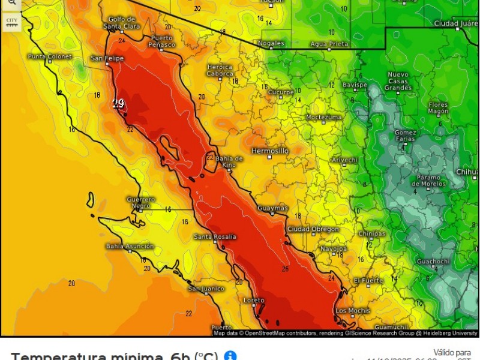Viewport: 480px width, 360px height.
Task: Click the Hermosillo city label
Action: pyautogui.click(x=270, y=150)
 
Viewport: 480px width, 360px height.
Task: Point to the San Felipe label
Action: pyautogui.click(x=107, y=58)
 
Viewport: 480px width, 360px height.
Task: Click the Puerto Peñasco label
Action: pyautogui.click(x=163, y=41)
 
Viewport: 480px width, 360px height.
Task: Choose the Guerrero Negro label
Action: pyautogui.click(x=141, y=202)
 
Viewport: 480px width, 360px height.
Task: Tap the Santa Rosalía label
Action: pyautogui.click(x=215, y=237)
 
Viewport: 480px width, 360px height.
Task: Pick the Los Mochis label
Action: pyautogui.click(x=350, y=310)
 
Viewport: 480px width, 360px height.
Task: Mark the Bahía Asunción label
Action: pyautogui.click(x=130, y=246)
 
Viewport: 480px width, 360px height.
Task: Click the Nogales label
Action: pyautogui.click(x=271, y=43)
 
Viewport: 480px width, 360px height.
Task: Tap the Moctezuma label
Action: pyautogui.click(x=323, y=117)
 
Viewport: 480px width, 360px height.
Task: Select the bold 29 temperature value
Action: pyautogui.click(x=118, y=104)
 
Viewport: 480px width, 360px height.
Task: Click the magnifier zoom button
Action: pyautogui.click(x=11, y=3)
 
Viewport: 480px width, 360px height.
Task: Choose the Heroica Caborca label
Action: pyautogui.click(x=220, y=70)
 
